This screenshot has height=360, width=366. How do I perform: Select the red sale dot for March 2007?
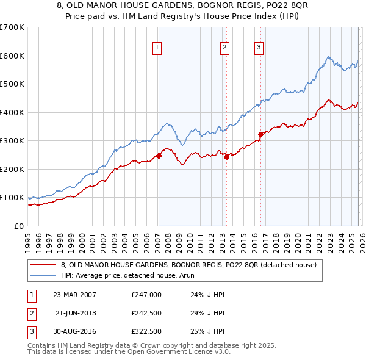click(x=159, y=156)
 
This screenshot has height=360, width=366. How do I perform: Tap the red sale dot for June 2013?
click(x=226, y=157)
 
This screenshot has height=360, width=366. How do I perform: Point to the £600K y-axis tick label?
click(x=12, y=56)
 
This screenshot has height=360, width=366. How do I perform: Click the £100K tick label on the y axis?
click(x=12, y=198)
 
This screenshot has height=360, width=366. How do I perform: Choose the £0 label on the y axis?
click(x=18, y=226)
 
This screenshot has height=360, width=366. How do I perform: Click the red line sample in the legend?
click(x=43, y=265)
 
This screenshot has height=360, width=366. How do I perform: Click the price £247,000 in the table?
click(x=146, y=294)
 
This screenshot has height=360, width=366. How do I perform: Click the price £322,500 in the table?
click(x=146, y=332)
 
